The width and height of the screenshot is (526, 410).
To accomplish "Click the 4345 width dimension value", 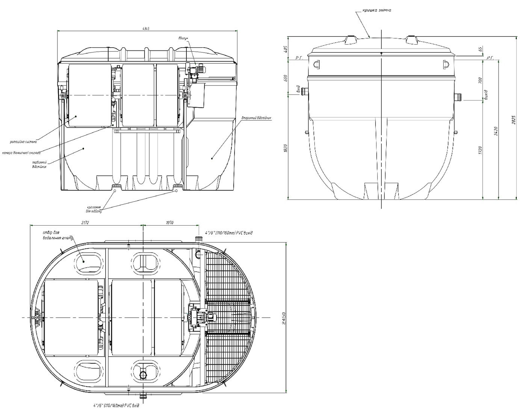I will click(147, 29).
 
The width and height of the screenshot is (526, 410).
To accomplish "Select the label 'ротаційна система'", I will click(23, 142).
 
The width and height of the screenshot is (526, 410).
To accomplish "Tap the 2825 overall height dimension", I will click(514, 119).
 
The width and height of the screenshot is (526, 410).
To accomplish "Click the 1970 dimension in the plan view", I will click(169, 223).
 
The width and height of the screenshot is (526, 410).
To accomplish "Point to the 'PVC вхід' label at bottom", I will click(116, 405).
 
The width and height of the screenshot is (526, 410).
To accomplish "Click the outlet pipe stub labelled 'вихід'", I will click(458, 97).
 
